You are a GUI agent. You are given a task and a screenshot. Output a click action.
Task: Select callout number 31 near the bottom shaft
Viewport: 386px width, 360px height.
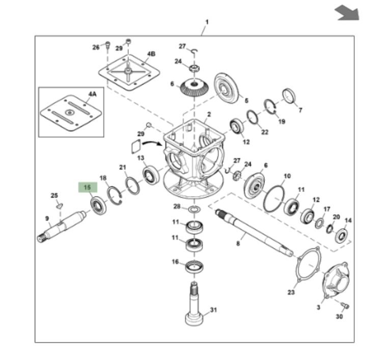pos(213,310)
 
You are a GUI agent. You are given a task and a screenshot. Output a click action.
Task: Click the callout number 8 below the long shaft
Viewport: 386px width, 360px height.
pos(238,244)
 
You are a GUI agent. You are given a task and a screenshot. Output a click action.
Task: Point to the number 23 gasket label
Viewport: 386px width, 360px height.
pos(291,292)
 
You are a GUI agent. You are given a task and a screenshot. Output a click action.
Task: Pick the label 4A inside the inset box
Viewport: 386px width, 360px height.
pos(92,94)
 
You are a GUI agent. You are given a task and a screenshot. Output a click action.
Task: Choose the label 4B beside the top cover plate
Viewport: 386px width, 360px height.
pos(151,53)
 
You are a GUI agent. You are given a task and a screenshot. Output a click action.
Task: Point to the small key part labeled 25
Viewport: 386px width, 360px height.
pos(59,206)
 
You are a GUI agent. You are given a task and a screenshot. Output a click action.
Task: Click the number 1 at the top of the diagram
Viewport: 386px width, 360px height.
pos(207,22)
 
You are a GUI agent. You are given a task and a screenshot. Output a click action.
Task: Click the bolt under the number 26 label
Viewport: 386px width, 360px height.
pos(107,46)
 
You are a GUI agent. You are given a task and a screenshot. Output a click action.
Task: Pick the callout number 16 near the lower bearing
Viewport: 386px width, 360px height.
pos(175,262)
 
